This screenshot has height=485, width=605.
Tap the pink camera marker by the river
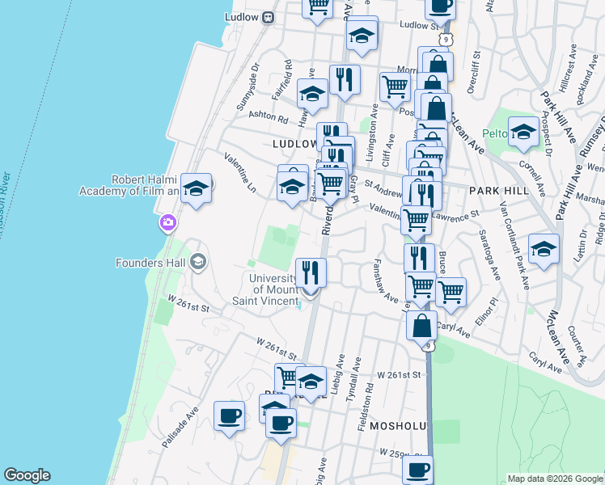[x=168, y=222]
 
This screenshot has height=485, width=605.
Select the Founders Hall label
[x=152, y=262]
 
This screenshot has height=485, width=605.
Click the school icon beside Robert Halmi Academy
[x=195, y=188]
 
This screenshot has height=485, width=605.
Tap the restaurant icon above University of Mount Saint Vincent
[x=311, y=272]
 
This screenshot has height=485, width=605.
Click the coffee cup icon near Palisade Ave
[x=229, y=415]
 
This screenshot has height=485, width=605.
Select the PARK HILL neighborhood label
[x=498, y=191]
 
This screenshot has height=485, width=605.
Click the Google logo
[x=27, y=475]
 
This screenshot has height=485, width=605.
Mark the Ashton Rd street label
[x=269, y=118]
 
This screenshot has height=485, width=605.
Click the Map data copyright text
[x=554, y=478]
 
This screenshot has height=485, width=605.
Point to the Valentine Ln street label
[x=240, y=172]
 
